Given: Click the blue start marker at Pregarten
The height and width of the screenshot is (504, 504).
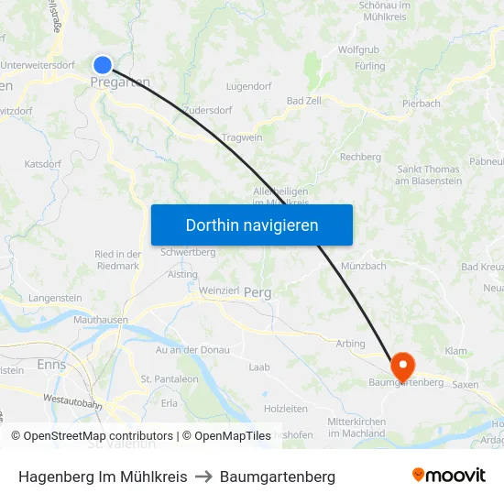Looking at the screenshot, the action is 102,64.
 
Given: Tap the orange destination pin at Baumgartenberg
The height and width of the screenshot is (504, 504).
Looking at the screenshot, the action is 401,366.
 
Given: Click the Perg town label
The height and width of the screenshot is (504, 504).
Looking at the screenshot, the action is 257,293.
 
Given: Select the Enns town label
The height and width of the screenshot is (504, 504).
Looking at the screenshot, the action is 50,364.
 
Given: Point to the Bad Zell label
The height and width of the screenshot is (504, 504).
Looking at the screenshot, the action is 304,100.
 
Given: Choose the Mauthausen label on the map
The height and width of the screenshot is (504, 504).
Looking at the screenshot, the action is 100,320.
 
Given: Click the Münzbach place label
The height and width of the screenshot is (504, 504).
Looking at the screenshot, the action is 363,266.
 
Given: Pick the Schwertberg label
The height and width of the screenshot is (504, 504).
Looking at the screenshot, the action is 188,252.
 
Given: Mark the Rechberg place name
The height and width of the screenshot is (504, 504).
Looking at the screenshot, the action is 360,157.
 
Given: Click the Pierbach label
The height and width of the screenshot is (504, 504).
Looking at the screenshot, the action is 422,104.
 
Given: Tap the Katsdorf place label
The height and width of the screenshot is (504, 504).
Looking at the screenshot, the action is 43,164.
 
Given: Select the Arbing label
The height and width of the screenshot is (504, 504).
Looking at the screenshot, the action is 350,344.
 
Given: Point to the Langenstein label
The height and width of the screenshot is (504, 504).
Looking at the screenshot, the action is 55,298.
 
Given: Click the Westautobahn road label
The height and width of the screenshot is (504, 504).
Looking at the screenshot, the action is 72,400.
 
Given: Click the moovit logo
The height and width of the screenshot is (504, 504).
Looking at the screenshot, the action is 448,476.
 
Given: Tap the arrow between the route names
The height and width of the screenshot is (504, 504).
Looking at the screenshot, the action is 203,477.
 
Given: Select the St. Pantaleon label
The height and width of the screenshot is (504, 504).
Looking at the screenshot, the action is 170,378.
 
